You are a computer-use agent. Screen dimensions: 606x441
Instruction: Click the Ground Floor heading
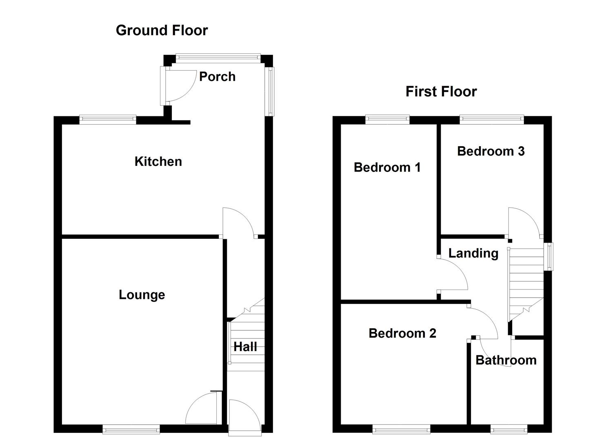162,30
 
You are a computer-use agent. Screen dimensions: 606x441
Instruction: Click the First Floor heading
441,91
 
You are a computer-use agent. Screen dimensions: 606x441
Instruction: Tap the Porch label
217,77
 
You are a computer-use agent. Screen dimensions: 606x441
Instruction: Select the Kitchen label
158,162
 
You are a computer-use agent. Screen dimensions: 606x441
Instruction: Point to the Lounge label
142,295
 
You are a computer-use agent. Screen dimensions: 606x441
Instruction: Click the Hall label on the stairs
245,347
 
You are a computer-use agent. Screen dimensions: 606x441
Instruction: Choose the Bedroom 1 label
387,167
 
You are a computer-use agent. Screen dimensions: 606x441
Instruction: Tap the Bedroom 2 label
402,333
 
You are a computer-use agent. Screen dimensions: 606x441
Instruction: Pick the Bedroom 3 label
491,151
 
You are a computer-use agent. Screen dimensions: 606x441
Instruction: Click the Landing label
473,254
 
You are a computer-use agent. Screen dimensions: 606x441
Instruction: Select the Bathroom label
506,360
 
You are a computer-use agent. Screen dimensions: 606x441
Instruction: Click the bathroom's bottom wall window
509,429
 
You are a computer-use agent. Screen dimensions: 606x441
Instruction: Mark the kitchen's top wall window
108,120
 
